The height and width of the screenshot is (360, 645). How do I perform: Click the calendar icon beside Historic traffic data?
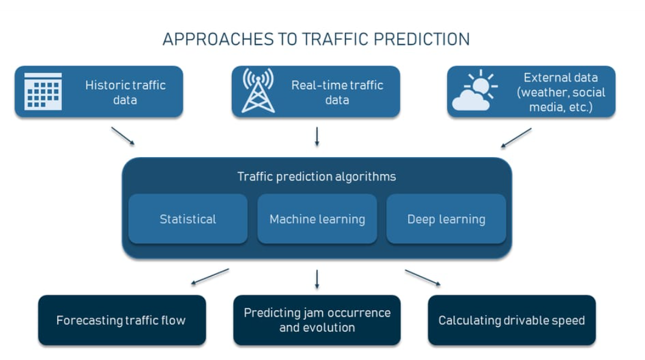(43, 91)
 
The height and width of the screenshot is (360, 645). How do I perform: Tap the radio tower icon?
(258, 91)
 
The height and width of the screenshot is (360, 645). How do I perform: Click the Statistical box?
(188, 219)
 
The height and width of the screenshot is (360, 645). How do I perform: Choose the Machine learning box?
(317, 219)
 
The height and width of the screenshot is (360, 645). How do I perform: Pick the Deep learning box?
(446, 219)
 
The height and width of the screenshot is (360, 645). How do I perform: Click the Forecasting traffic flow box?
(121, 320)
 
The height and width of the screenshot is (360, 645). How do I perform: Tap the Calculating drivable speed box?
(512, 320)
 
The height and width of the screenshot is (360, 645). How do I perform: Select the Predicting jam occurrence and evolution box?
(317, 320)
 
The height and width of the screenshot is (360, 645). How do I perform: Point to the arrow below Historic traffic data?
(123, 136)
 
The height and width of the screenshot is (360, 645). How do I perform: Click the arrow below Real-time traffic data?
(317, 136)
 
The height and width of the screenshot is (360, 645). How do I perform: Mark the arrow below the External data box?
(516, 138)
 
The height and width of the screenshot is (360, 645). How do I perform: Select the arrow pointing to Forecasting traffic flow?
(210, 277)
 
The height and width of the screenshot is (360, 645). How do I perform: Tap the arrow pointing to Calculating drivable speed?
(422, 277)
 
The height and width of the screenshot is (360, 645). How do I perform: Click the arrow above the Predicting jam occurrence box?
(317, 279)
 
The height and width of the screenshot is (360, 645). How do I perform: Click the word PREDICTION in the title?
(421, 40)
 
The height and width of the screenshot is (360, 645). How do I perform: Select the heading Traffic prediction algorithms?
(317, 177)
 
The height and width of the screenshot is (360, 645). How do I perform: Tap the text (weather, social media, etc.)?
(560, 100)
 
